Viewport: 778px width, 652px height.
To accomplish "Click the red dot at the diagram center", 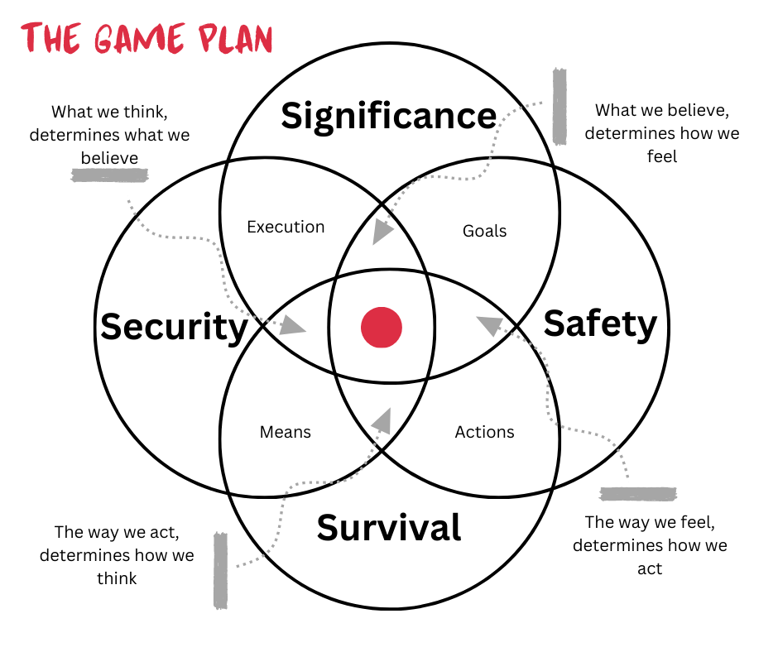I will pyautogui.click(x=382, y=327).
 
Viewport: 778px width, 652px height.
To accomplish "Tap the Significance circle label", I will pyautogui.click(x=388, y=116).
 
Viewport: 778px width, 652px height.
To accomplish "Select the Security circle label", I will pyautogui.click(x=174, y=327).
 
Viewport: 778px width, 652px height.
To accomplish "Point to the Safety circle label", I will pyautogui.click(x=600, y=324).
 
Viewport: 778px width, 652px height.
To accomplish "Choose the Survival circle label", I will pyautogui.click(x=388, y=527).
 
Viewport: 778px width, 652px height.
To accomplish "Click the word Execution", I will pyautogui.click(x=286, y=227).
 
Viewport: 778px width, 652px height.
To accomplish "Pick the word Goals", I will pyautogui.click(x=484, y=231).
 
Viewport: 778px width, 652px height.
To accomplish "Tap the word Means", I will pyautogui.click(x=286, y=432).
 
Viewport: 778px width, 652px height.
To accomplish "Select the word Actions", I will pyautogui.click(x=484, y=432).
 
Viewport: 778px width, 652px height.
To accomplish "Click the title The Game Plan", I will pyautogui.click(x=146, y=39).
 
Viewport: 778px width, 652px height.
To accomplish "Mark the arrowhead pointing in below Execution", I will pyautogui.click(x=291, y=324).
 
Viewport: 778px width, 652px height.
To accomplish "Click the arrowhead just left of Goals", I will pyautogui.click(x=382, y=231).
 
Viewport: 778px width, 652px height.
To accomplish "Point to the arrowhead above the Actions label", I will pyautogui.click(x=490, y=324).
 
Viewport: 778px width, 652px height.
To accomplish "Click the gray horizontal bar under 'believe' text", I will pyautogui.click(x=110, y=175).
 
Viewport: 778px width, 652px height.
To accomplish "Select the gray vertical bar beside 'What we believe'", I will pyautogui.click(x=559, y=106).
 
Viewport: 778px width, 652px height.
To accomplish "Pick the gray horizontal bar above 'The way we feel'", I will pyautogui.click(x=638, y=494).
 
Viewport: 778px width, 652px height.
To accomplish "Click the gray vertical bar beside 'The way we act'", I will pyautogui.click(x=220, y=570).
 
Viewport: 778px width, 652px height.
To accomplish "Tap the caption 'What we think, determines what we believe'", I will pyautogui.click(x=109, y=134).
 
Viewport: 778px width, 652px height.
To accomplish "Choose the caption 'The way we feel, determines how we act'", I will pyautogui.click(x=650, y=545).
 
